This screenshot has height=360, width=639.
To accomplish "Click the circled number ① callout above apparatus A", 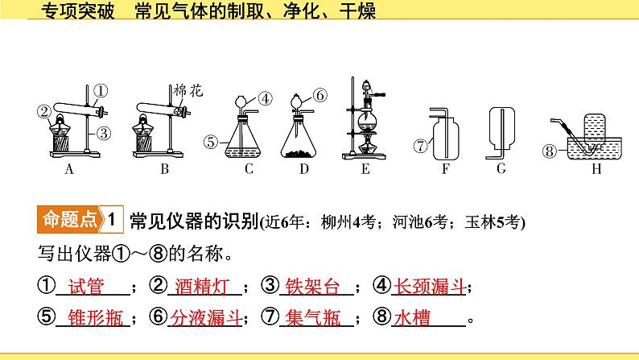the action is click(101, 90).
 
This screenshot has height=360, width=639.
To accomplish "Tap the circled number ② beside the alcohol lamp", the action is click(44, 111).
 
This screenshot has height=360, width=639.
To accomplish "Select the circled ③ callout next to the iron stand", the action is click(104, 133).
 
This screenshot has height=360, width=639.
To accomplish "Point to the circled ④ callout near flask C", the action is click(266, 98).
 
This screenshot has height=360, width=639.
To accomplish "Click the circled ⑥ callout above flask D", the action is click(320, 95).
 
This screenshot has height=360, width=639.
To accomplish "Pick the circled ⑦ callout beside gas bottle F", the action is click(421, 146).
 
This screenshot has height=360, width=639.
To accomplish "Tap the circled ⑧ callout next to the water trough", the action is click(550, 151).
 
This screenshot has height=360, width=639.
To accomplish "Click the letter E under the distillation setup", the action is click(365, 169).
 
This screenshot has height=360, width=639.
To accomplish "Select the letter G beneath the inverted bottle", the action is click(501, 168).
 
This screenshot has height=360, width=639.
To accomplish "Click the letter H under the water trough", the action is click(596, 169).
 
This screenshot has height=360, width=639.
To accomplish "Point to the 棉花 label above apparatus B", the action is click(188, 90).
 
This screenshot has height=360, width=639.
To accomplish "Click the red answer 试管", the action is click(86, 286).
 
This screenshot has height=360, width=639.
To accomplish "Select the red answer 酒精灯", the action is click(203, 286).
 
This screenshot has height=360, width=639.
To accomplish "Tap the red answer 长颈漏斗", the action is click(430, 286).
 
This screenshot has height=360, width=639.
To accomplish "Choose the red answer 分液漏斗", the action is click(206, 317).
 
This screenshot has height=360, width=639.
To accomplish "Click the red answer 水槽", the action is click(412, 317).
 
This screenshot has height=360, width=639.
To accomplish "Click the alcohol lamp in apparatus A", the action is click(60, 127).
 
